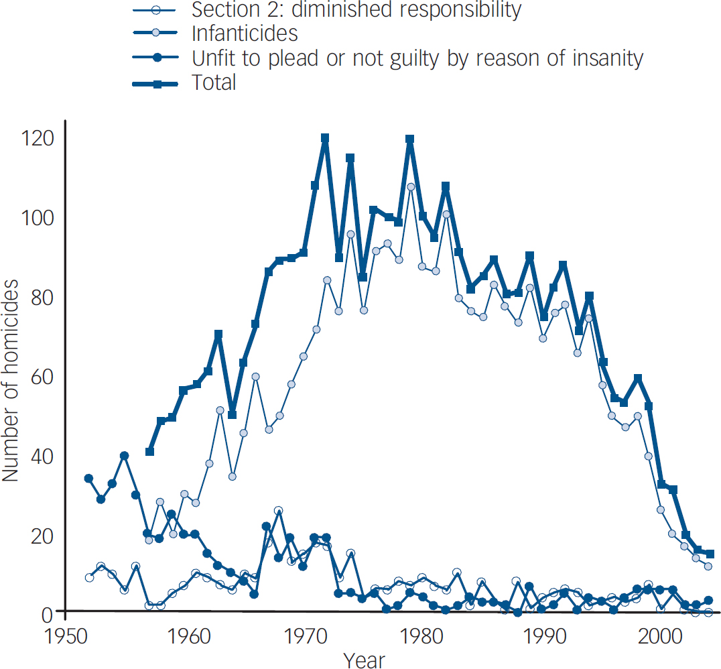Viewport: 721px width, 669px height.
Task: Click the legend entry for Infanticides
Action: point(245,33)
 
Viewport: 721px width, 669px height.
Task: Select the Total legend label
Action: point(214,82)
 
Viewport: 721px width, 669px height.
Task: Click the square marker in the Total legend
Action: point(157,83)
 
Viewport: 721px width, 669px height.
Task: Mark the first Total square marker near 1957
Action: point(149,452)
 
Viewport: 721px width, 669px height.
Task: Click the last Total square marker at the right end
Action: point(710,554)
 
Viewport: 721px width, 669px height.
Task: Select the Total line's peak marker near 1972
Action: point(325,139)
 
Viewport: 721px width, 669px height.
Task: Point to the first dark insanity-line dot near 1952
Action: point(88,479)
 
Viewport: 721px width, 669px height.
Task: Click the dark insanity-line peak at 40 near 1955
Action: point(124,456)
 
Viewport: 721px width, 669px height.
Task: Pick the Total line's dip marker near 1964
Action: point(233,415)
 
